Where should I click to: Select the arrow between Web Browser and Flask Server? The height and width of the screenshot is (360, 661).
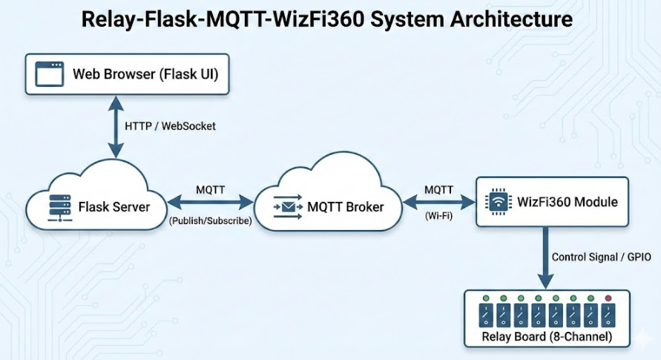[114, 126]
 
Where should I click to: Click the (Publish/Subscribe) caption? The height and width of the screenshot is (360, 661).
[211, 221]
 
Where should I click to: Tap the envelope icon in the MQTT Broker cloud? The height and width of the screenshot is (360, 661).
[289, 206]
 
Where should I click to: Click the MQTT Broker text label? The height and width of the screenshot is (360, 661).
[346, 206]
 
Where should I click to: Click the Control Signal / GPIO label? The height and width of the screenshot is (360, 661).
[601, 257]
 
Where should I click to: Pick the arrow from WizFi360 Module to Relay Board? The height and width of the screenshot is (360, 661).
[545, 257]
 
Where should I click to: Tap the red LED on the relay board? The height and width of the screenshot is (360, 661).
[608, 298]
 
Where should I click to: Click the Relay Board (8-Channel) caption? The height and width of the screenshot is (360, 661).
[547, 337]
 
